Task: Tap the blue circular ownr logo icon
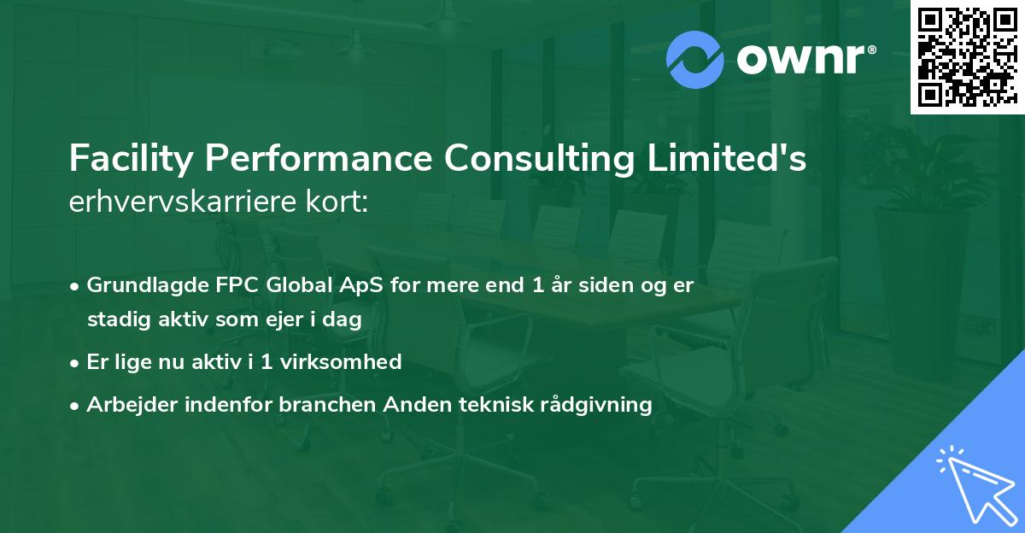click(694, 59)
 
